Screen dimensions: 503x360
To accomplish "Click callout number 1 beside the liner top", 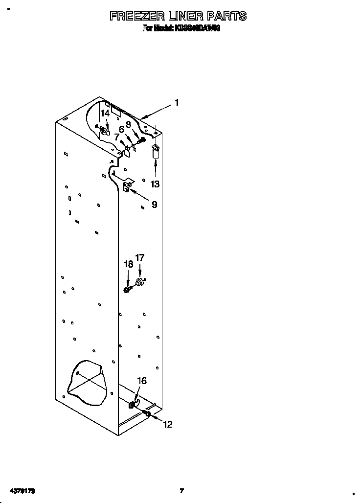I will tap(177, 103).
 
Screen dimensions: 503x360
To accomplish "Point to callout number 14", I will tap(105, 113).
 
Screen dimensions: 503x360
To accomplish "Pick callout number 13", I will tap(155, 184).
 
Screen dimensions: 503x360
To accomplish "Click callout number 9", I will tap(154, 205).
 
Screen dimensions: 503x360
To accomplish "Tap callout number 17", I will tap(140, 257).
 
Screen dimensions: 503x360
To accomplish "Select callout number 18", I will tap(129, 264).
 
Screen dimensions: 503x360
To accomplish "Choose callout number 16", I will tap(141, 381).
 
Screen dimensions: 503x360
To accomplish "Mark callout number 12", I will tap(167, 425).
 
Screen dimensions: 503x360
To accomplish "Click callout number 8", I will tap(129, 124).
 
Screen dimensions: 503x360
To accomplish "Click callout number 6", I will tap(121, 129).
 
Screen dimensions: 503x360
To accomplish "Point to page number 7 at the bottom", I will tap(181, 491).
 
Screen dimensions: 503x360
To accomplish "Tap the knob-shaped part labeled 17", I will tap(141, 282).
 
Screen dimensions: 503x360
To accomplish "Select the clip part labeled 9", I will tap(129, 186).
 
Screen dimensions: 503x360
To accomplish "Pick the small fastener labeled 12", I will tap(147, 414).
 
